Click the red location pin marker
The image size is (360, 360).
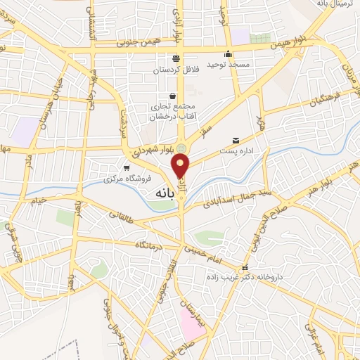pos(181,167)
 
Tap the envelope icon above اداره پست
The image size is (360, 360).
pos(235,140)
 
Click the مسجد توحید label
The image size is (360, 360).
pos(228,64)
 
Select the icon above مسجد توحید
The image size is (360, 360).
pos(228,53)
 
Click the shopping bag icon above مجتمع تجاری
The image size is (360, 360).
pos(172,96)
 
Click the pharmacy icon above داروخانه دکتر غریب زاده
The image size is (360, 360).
pos(245,268)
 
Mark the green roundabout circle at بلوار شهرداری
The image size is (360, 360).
pos(181,148)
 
